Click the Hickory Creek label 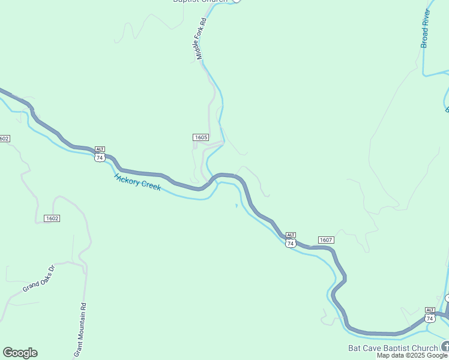(137, 181)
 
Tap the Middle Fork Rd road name (201, 38)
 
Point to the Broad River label (426, 29)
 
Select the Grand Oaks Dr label (39, 279)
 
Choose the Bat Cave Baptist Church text (393, 348)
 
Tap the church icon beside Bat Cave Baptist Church (445, 346)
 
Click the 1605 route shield (200, 137)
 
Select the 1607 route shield (326, 240)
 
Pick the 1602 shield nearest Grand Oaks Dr (52, 218)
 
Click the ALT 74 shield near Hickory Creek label (100, 155)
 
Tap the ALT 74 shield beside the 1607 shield (291, 241)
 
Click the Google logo (20, 353)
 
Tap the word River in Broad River (427, 17)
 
